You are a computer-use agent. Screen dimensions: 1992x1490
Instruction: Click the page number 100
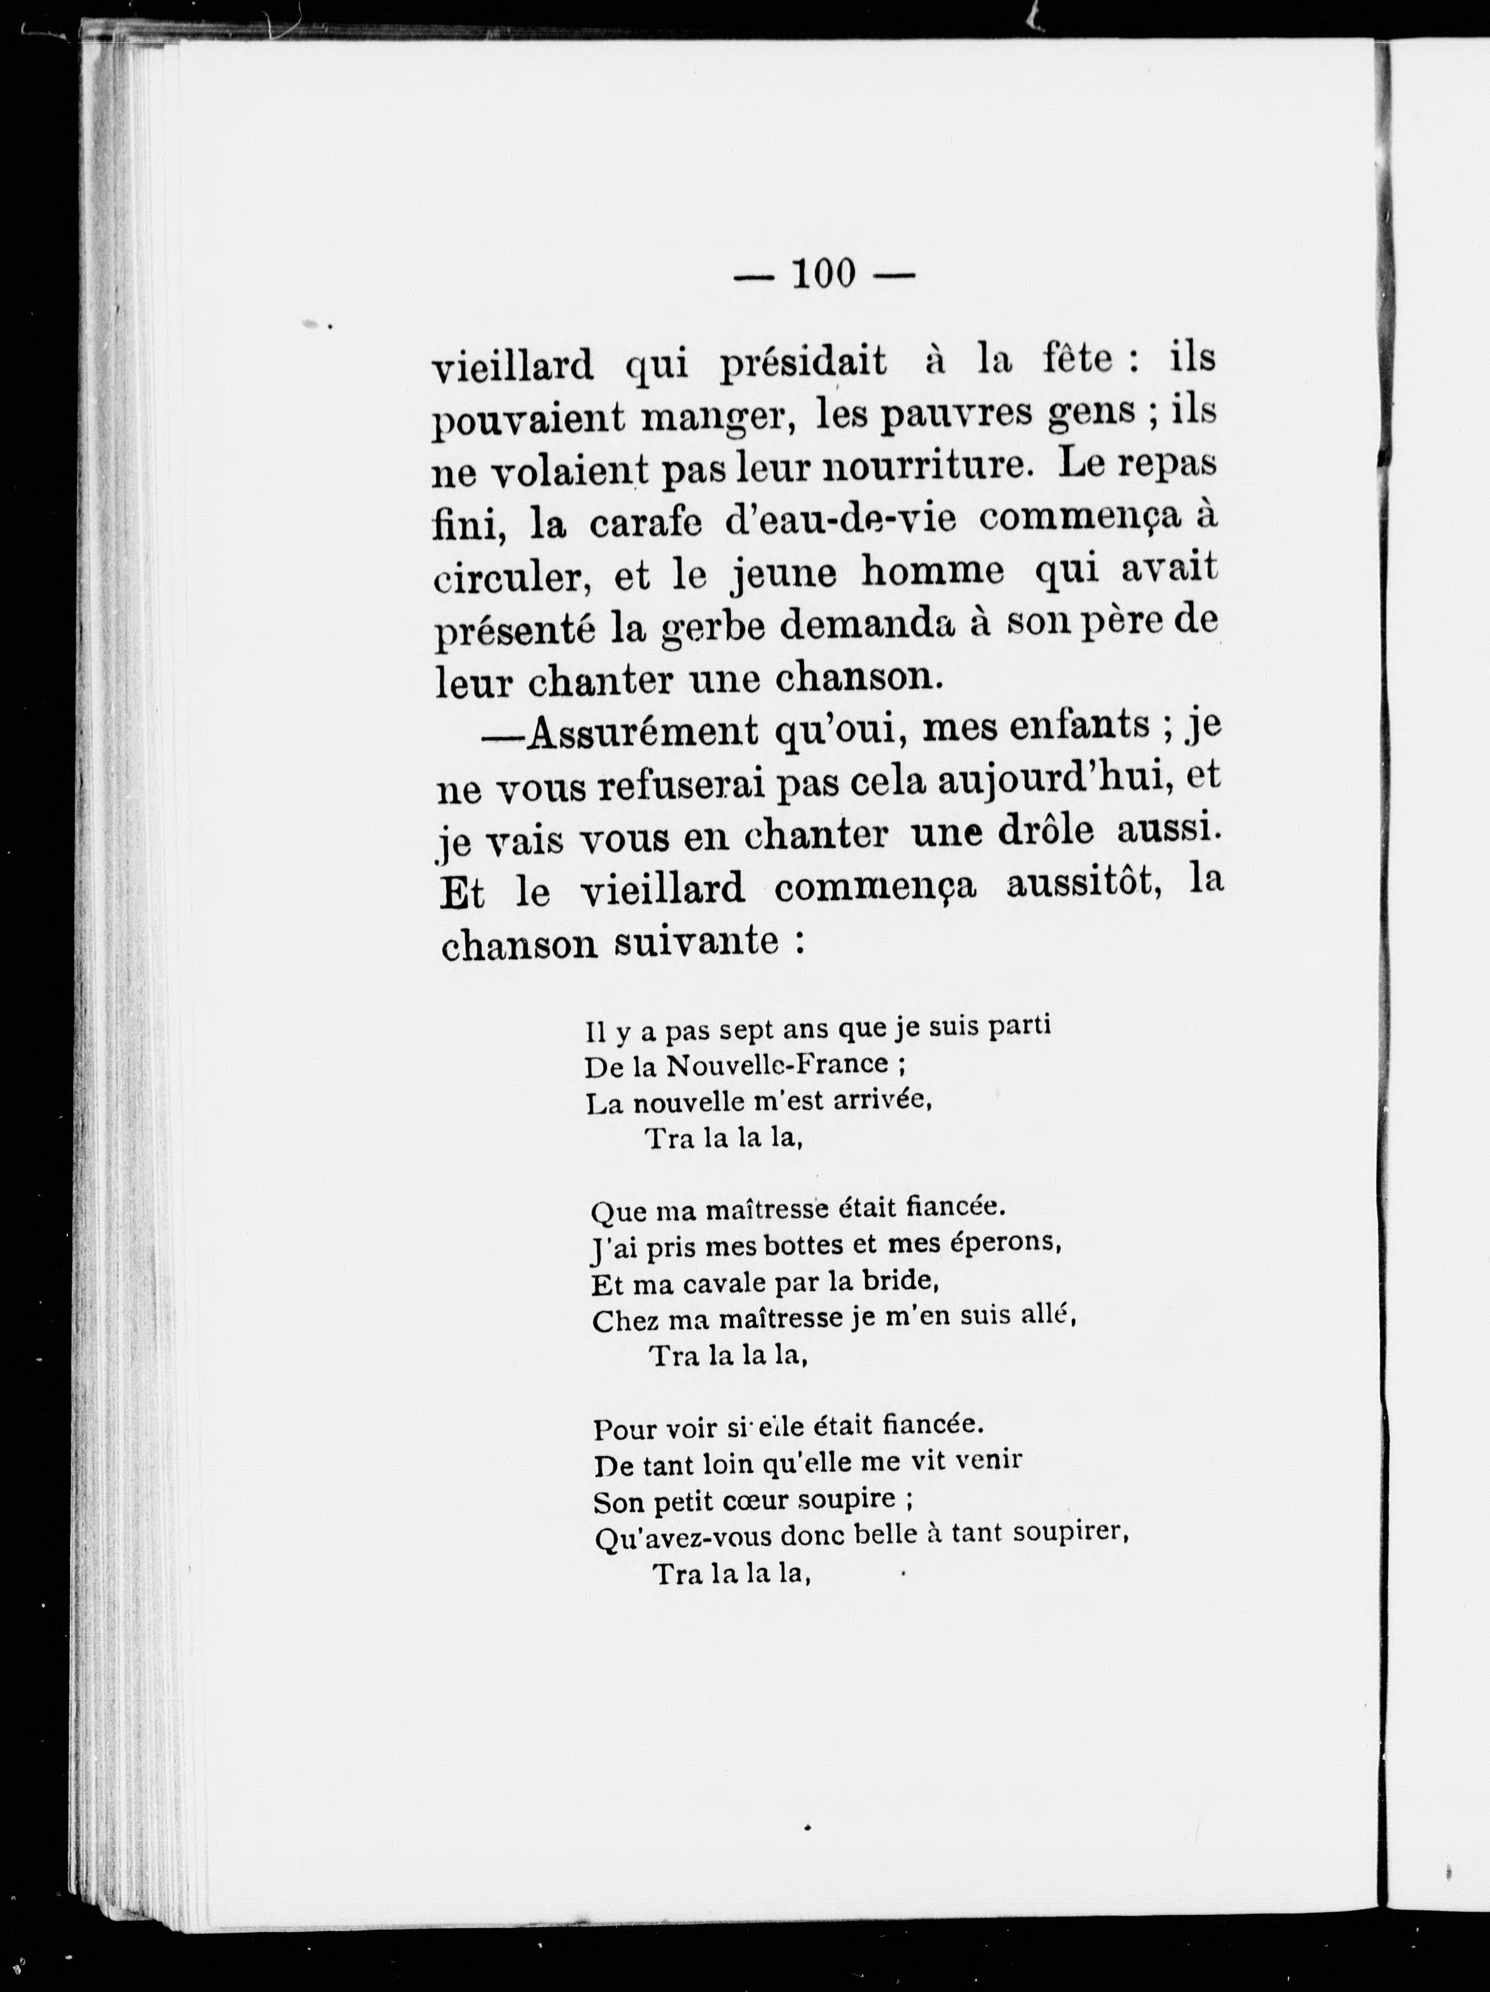click(824, 274)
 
